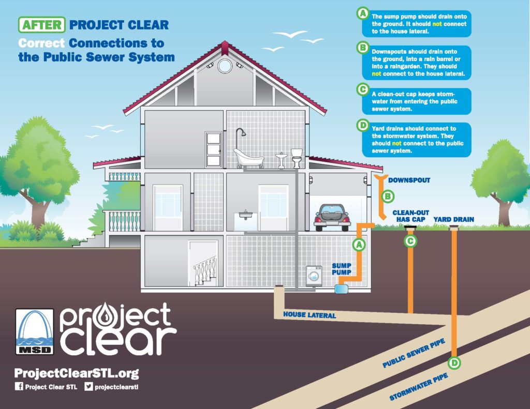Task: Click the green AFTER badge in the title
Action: (x=42, y=24)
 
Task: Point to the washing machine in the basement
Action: (x=315, y=276)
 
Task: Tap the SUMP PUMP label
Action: (x=342, y=269)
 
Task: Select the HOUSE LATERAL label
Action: (x=310, y=314)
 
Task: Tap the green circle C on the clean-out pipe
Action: (x=410, y=240)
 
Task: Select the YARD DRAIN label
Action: (x=453, y=219)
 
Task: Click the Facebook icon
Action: (x=20, y=387)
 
